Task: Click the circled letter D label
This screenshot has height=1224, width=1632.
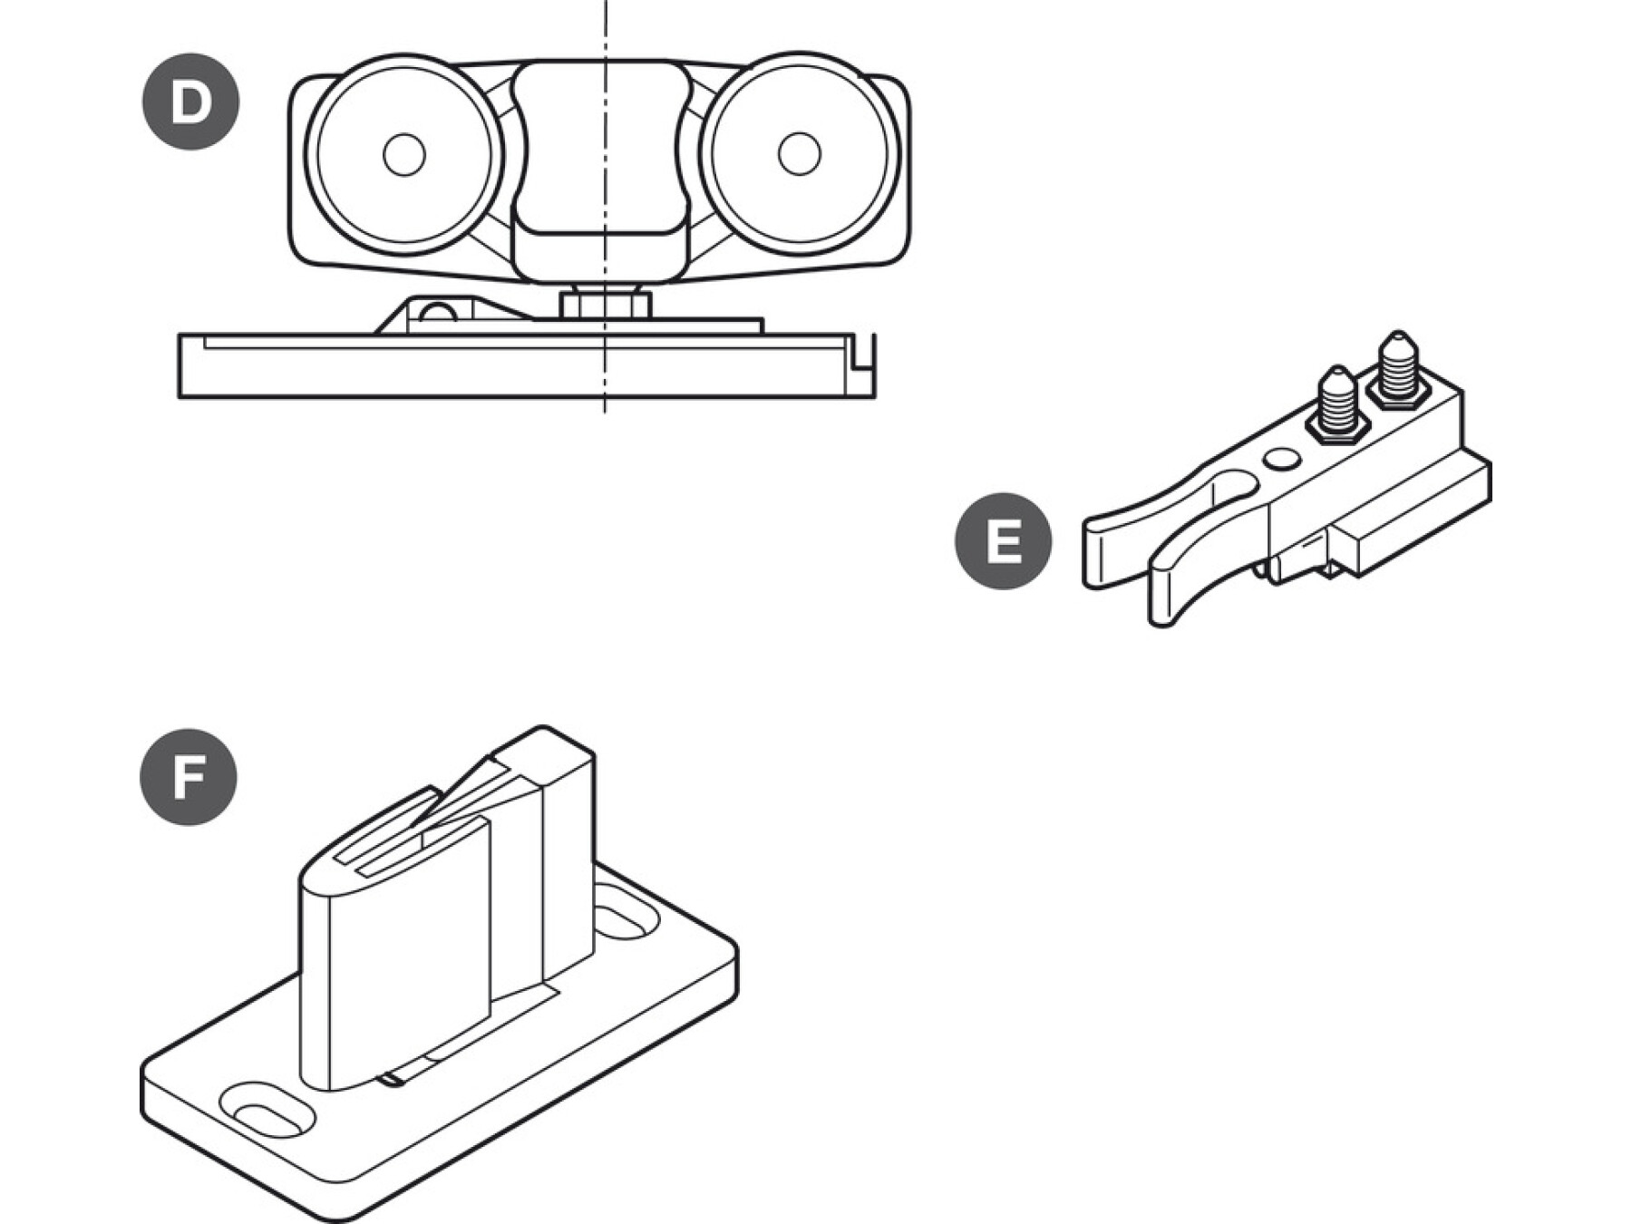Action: click(190, 102)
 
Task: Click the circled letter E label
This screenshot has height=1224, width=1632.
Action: click(1003, 541)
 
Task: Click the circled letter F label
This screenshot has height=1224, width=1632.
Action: click(189, 778)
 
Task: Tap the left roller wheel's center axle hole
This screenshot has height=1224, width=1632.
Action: click(403, 155)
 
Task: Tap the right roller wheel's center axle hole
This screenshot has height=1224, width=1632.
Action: click(799, 153)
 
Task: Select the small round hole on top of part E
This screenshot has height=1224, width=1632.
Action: click(1280, 460)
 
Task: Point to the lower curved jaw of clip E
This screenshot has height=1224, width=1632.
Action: click(1179, 589)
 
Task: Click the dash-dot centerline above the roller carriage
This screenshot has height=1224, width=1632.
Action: click(605, 27)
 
